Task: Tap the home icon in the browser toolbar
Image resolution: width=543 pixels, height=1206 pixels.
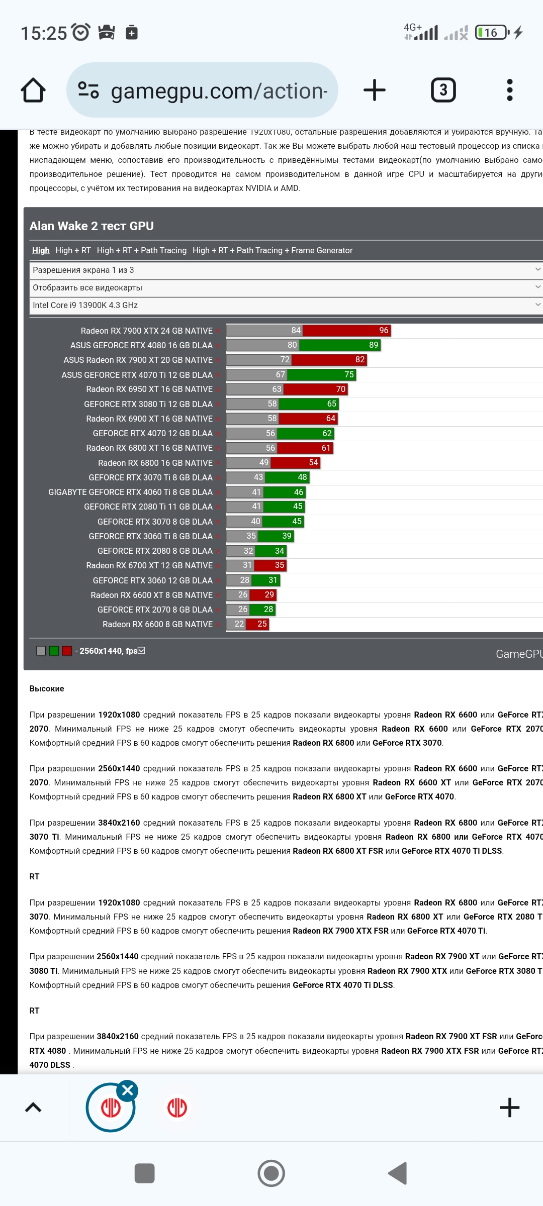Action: tap(33, 90)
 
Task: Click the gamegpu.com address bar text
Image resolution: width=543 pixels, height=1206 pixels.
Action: tap(219, 91)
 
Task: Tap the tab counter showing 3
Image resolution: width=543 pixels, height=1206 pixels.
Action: tap(443, 90)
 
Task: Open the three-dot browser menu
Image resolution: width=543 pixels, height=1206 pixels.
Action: tap(509, 90)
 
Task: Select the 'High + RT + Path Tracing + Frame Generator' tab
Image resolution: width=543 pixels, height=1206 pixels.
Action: tap(273, 250)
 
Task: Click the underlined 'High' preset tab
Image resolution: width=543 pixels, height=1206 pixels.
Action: tap(41, 250)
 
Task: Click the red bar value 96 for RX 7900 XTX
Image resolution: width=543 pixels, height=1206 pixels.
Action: tap(384, 330)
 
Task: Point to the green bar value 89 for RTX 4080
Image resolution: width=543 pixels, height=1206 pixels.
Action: tap(373, 345)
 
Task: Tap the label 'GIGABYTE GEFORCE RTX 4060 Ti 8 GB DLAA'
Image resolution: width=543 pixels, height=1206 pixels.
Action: tap(130, 492)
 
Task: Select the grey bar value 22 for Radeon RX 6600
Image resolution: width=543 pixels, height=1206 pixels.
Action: tap(239, 624)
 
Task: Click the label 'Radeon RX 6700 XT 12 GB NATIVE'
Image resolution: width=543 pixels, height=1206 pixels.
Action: tap(149, 565)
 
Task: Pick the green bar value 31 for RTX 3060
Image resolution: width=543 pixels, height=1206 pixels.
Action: tap(273, 580)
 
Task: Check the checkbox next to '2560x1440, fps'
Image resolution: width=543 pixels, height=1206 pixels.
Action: tap(141, 651)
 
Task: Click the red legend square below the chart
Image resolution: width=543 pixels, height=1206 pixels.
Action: tap(67, 651)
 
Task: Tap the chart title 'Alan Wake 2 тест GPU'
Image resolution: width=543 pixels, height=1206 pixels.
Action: tap(92, 226)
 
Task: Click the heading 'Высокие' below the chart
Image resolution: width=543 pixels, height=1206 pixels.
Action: tap(47, 688)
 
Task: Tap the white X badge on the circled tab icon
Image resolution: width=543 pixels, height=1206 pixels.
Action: tap(128, 1090)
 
